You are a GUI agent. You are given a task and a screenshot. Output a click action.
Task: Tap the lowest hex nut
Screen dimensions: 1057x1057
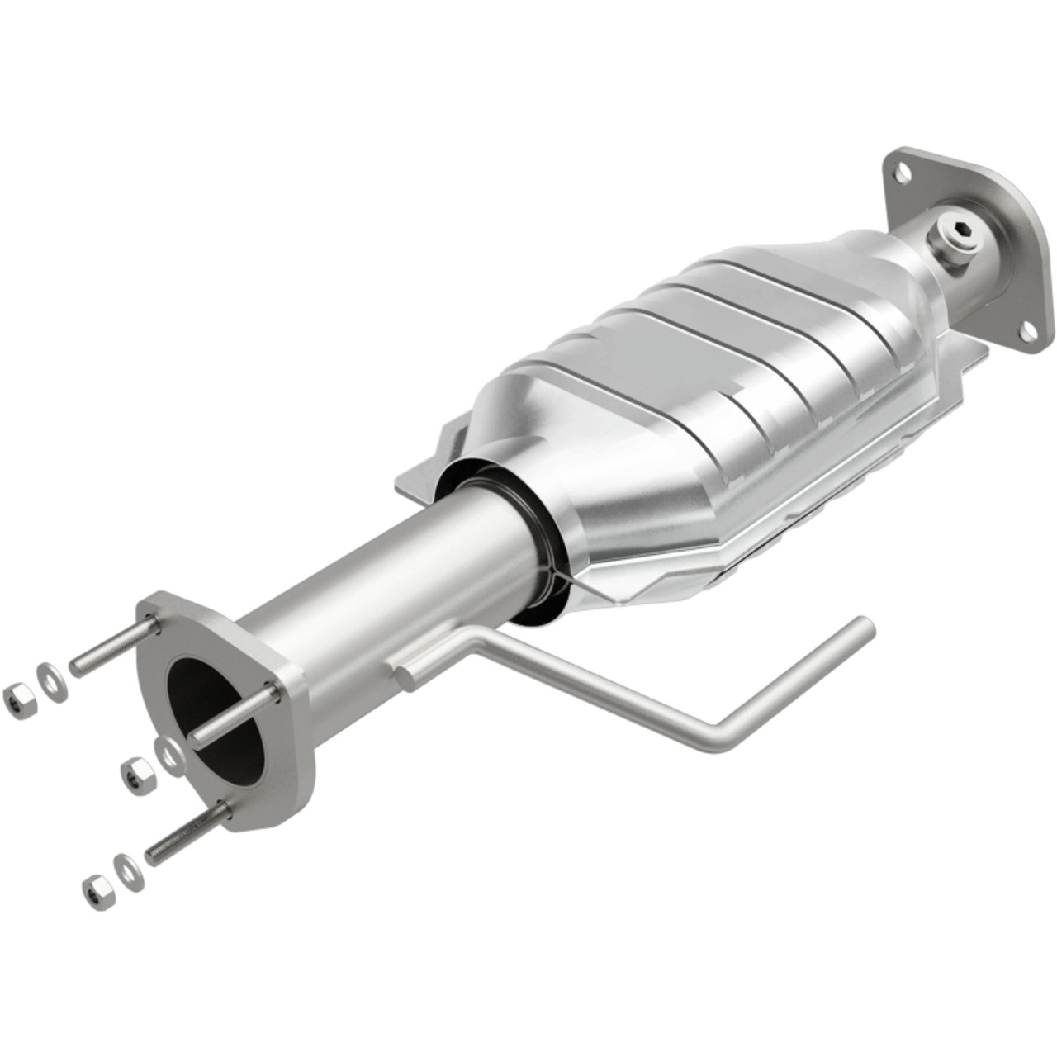(x=97, y=890)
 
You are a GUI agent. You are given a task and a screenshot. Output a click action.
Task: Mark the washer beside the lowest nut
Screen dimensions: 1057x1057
(x=129, y=871)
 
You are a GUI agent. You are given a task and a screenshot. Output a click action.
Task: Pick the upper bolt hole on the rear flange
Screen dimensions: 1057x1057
(x=902, y=172)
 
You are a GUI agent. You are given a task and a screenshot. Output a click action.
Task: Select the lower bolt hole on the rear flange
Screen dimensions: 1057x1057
(x=1028, y=333)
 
